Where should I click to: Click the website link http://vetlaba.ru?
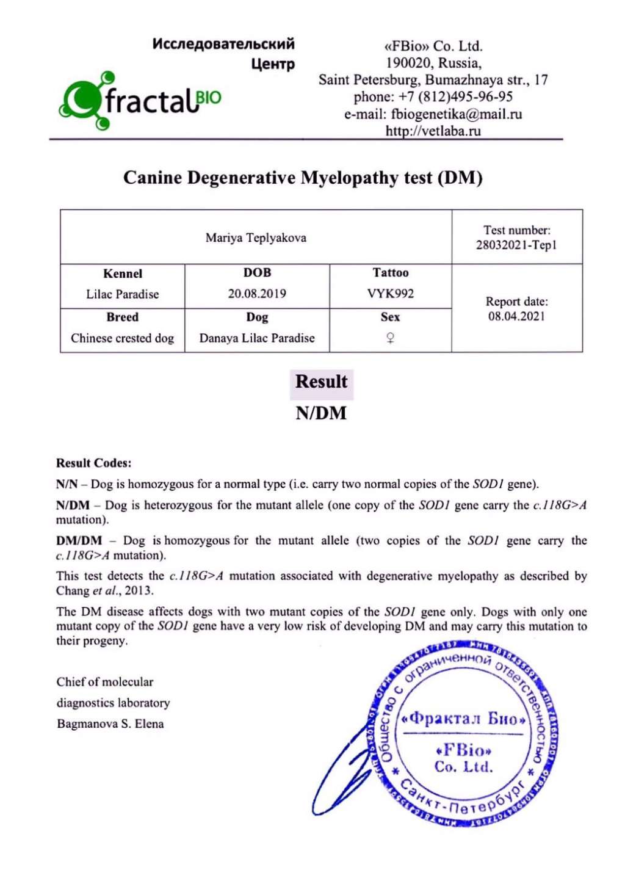pos(433,131)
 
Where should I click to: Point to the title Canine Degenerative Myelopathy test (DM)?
pos(303,178)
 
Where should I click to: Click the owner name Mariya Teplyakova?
pos(256,238)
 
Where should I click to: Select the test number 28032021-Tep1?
pos(516,245)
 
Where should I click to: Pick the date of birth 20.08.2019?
pos(257,294)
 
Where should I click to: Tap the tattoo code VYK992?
pos(391,294)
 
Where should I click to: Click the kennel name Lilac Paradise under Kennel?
pos(122,294)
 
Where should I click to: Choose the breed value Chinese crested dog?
pos(122,338)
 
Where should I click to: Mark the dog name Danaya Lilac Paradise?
pos(257,338)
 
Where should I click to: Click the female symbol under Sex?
pos(391,338)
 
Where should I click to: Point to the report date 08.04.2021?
pos(516,316)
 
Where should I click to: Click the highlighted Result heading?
pos(321,382)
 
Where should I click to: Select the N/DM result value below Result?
pos(321,413)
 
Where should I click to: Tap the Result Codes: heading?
pos(93,463)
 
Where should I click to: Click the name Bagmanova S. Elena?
pos(110,724)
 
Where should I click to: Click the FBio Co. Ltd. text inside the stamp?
pos(464,758)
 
